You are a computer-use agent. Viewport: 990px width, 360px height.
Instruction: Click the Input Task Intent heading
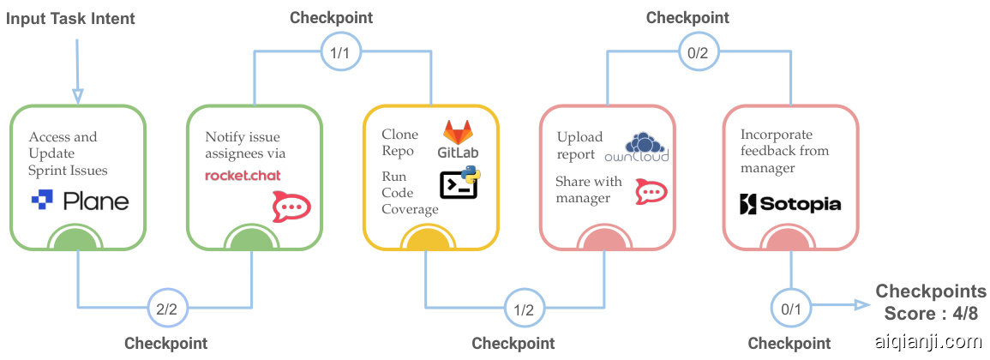(70, 19)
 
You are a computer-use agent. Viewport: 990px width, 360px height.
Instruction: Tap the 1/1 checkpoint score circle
(339, 51)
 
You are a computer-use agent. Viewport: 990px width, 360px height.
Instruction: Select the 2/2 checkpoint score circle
(167, 308)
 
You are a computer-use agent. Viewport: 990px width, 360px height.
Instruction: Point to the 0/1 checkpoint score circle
(789, 305)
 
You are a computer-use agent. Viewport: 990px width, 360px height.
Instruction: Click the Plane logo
(80, 202)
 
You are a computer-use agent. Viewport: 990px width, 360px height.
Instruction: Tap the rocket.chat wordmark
(243, 176)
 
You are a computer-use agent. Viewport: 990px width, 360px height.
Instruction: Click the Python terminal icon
(459, 184)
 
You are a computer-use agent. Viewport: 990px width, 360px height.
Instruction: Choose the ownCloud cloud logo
(636, 147)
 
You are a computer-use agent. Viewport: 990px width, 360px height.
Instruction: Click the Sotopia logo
(789, 204)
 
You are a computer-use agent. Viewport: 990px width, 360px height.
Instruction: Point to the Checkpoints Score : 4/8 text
(931, 303)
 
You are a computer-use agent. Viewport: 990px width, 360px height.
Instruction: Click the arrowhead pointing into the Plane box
(77, 95)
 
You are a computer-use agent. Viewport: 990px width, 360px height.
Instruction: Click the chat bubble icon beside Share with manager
(649, 192)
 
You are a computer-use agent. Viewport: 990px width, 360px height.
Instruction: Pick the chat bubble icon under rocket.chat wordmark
(291, 207)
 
